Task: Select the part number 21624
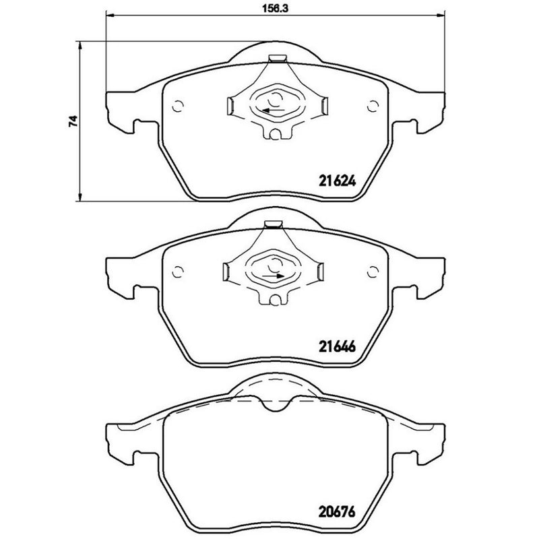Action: tap(336, 181)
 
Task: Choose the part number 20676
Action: tap(336, 511)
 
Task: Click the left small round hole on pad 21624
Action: tap(179, 105)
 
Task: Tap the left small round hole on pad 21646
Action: tap(179, 271)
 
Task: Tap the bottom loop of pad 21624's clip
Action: tap(274, 134)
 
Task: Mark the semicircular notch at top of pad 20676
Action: tap(274, 402)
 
